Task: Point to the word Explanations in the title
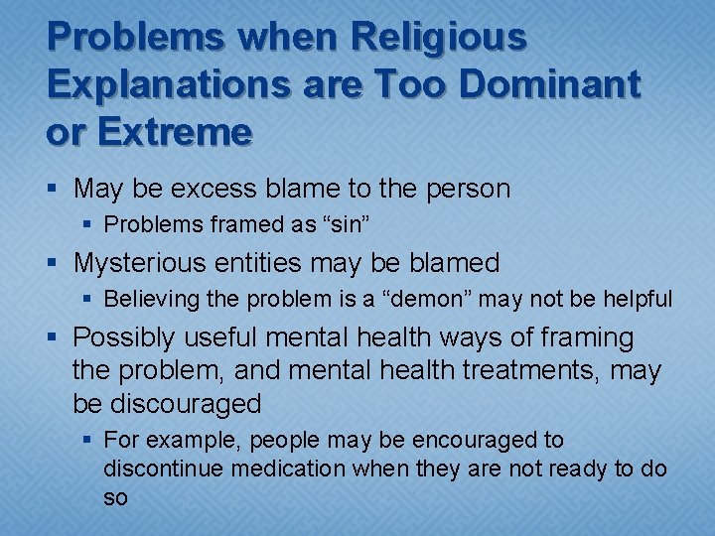[x=152, y=84]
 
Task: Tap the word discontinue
[x=164, y=469]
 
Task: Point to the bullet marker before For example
[x=87, y=440]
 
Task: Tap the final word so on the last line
[x=115, y=497]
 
